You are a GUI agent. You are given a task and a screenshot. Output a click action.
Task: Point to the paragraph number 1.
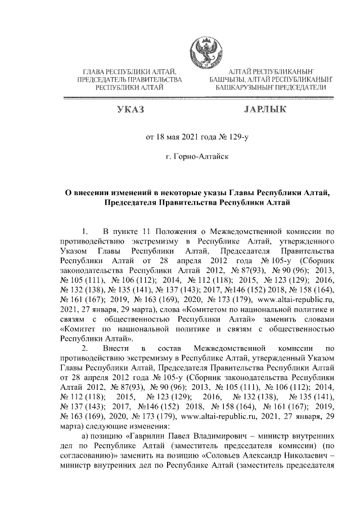click(x=85, y=231)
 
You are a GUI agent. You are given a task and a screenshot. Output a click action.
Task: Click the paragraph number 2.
click(x=85, y=349)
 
